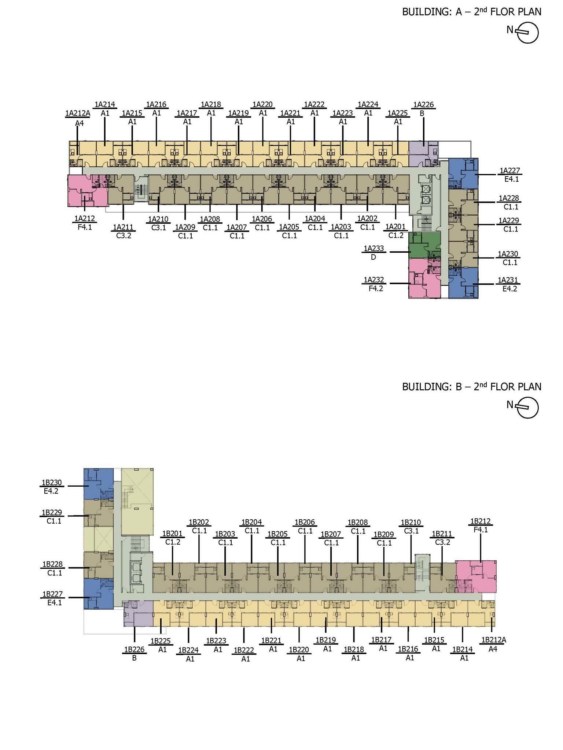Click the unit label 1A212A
point(78,113)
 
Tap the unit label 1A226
point(423,105)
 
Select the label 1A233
point(374,249)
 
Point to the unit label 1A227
point(510,170)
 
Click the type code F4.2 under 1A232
point(376,289)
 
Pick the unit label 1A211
point(123,227)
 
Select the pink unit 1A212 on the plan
point(87,190)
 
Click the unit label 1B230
point(52,483)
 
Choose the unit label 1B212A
point(494,640)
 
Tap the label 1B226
point(135,650)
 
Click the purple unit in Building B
point(138,613)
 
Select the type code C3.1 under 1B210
point(411,531)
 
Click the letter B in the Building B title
point(459,387)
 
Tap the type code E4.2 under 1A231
point(509,289)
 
